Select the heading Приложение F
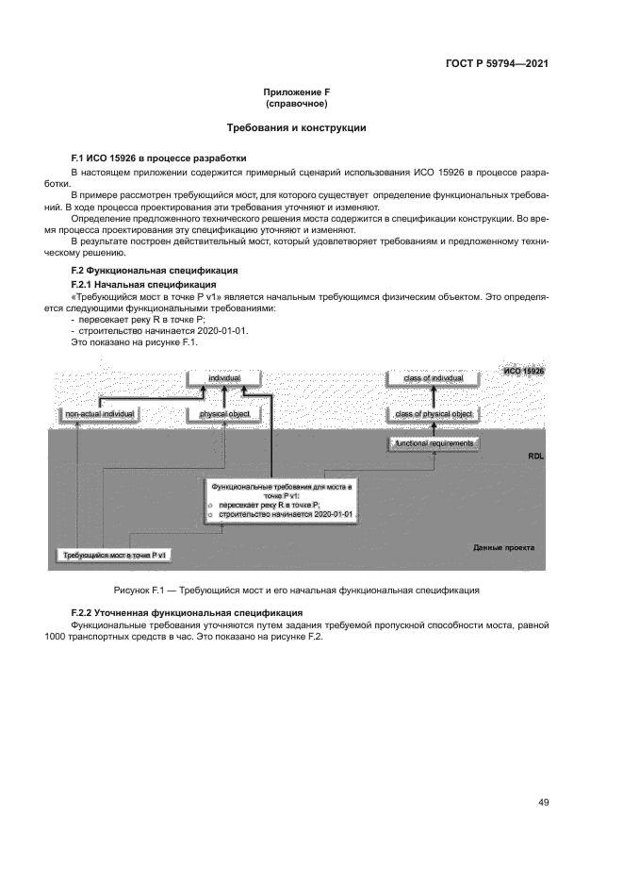click(x=297, y=92)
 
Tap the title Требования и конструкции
click(x=297, y=127)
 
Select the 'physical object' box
click(x=224, y=413)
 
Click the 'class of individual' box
click(x=434, y=378)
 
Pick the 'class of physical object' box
click(x=434, y=413)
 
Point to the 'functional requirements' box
click(x=434, y=442)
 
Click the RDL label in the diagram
click(x=536, y=455)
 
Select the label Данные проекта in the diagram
click(x=503, y=547)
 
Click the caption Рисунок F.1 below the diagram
click(x=297, y=590)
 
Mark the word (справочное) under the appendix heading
click(x=297, y=103)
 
